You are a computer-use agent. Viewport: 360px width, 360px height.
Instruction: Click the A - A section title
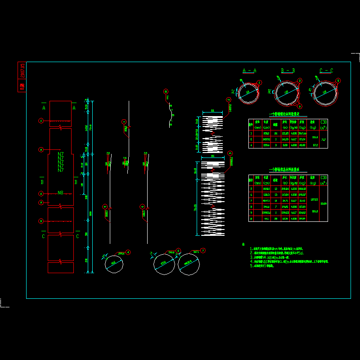tap(249, 71)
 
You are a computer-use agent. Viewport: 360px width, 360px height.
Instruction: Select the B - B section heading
tap(288, 71)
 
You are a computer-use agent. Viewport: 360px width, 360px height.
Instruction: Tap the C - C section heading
tap(326, 71)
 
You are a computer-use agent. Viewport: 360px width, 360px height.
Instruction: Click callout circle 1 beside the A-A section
tap(259, 83)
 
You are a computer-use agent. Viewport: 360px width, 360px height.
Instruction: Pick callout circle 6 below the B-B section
tap(300, 106)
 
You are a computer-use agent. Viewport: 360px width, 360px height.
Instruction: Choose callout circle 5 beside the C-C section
tap(339, 81)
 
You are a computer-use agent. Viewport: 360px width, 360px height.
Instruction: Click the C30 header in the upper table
tap(324, 122)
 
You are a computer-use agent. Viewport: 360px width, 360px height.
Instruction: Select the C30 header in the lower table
tap(324, 178)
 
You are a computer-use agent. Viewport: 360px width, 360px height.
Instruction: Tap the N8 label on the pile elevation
tap(61, 193)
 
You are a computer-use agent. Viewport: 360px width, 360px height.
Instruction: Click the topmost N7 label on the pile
tap(61, 154)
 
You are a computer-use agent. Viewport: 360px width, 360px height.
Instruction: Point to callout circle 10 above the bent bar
tap(166, 91)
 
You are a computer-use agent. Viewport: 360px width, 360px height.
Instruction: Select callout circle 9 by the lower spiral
tap(230, 153)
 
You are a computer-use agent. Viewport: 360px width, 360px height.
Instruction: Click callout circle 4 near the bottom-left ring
tap(128, 252)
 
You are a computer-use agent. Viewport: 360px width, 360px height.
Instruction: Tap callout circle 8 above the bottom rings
tap(178, 251)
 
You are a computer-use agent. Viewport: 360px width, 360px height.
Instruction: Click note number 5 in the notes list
tap(251, 266)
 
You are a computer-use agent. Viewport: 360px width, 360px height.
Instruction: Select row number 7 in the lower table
tap(251, 200)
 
